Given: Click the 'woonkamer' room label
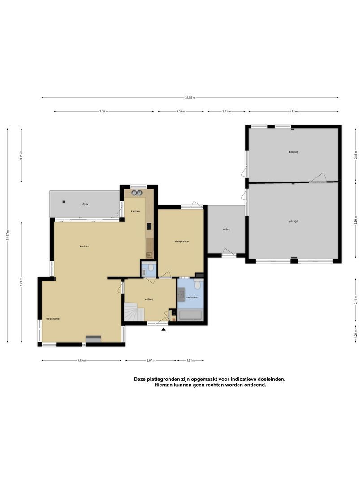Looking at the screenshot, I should pyautogui.click(x=53, y=319).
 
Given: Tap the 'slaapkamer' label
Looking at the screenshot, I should pyautogui.click(x=181, y=242).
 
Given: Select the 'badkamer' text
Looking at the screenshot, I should pyautogui.click(x=192, y=297).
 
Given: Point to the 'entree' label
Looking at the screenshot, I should pyautogui.click(x=149, y=299).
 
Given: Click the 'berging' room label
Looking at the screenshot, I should pyautogui.click(x=294, y=152).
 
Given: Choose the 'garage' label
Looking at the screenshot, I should pyautogui.click(x=294, y=221).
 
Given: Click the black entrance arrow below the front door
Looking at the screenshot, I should pyautogui.click(x=164, y=329).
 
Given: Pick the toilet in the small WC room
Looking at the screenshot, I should pyautogui.click(x=151, y=268).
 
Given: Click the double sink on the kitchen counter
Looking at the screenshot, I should pyautogui.click(x=137, y=193).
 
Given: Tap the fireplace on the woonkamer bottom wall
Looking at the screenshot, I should pyautogui.click(x=93, y=339).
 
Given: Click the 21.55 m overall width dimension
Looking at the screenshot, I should pyautogui.click(x=190, y=97).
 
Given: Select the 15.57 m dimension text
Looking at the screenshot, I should pyautogui.click(x=8, y=235).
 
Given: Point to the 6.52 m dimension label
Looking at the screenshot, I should pyautogui.click(x=293, y=111).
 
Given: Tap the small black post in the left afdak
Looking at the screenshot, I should pyautogui.click(x=64, y=202).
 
